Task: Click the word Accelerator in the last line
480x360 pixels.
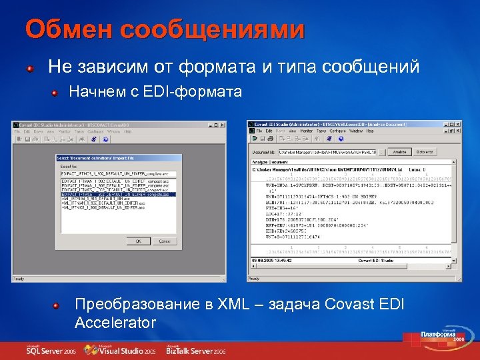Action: [115, 323]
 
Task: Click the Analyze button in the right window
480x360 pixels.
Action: [399, 152]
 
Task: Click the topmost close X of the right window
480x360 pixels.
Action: [457, 124]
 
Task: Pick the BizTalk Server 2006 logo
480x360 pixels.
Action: [197, 349]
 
